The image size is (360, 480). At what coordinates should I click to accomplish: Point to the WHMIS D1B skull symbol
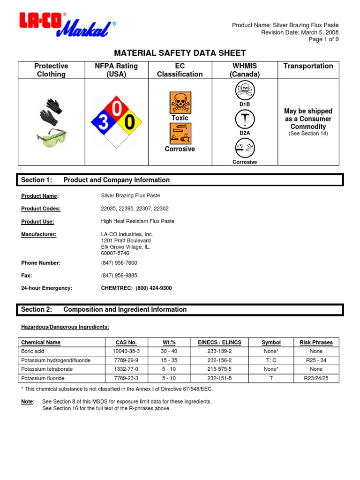point(245,90)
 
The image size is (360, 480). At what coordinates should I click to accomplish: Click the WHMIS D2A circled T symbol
point(245,120)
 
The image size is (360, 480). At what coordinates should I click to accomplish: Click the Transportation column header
point(308,66)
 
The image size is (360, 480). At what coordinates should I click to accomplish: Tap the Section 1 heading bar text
point(116,180)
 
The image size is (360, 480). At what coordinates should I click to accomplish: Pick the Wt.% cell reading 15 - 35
point(170,360)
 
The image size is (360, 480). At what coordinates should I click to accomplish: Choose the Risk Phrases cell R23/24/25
point(316,378)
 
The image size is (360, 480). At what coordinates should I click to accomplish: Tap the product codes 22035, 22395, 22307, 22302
point(135,209)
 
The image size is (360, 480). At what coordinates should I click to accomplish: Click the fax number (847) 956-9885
point(119,276)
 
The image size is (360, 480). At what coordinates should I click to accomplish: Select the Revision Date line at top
point(300,32)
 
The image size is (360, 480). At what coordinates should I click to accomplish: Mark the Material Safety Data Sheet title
point(180,53)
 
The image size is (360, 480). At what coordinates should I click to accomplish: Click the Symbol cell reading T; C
point(271,360)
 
